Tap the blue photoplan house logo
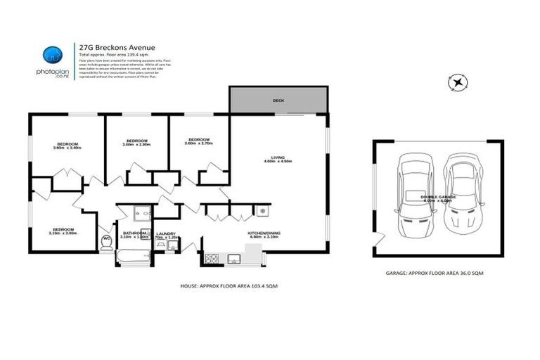pyautogui.click(x=51, y=55)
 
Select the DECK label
pyautogui.click(x=278, y=101)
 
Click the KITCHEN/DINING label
pyautogui.click(x=264, y=233)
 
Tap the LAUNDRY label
pyautogui.click(x=166, y=234)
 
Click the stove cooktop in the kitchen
pyautogui.click(x=211, y=259)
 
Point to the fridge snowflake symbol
pyautogui.click(x=262, y=210)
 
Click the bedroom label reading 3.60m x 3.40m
pyautogui.click(x=67, y=148)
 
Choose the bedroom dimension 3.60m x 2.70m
pyautogui.click(x=198, y=144)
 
